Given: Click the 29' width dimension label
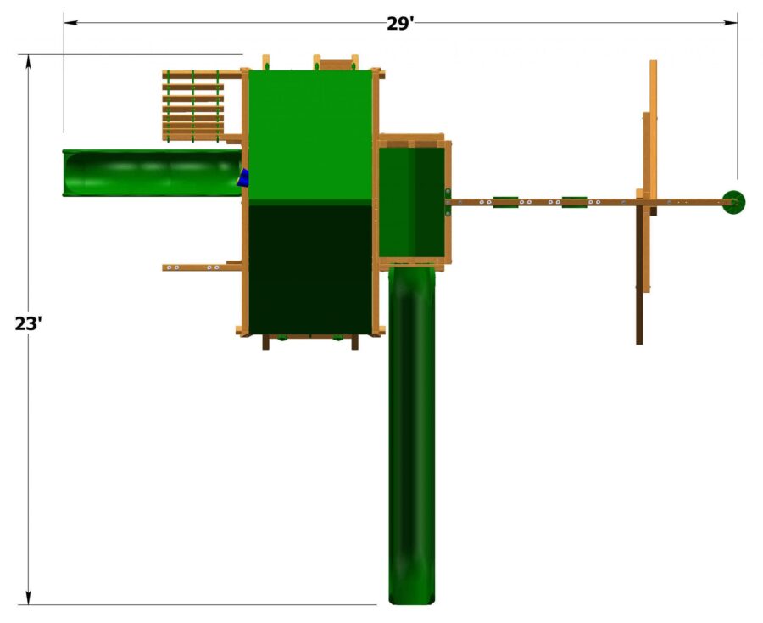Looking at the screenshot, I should (x=400, y=23).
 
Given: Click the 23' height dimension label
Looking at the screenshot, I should (x=29, y=323).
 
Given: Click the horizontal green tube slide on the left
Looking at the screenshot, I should (x=151, y=173).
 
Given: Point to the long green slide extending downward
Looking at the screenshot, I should (x=412, y=433).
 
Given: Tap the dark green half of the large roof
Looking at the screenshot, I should (x=310, y=268).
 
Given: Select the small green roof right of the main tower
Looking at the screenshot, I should (x=411, y=201).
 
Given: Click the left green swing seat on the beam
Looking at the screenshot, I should (x=506, y=202).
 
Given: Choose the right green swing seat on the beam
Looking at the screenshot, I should (x=574, y=202).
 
